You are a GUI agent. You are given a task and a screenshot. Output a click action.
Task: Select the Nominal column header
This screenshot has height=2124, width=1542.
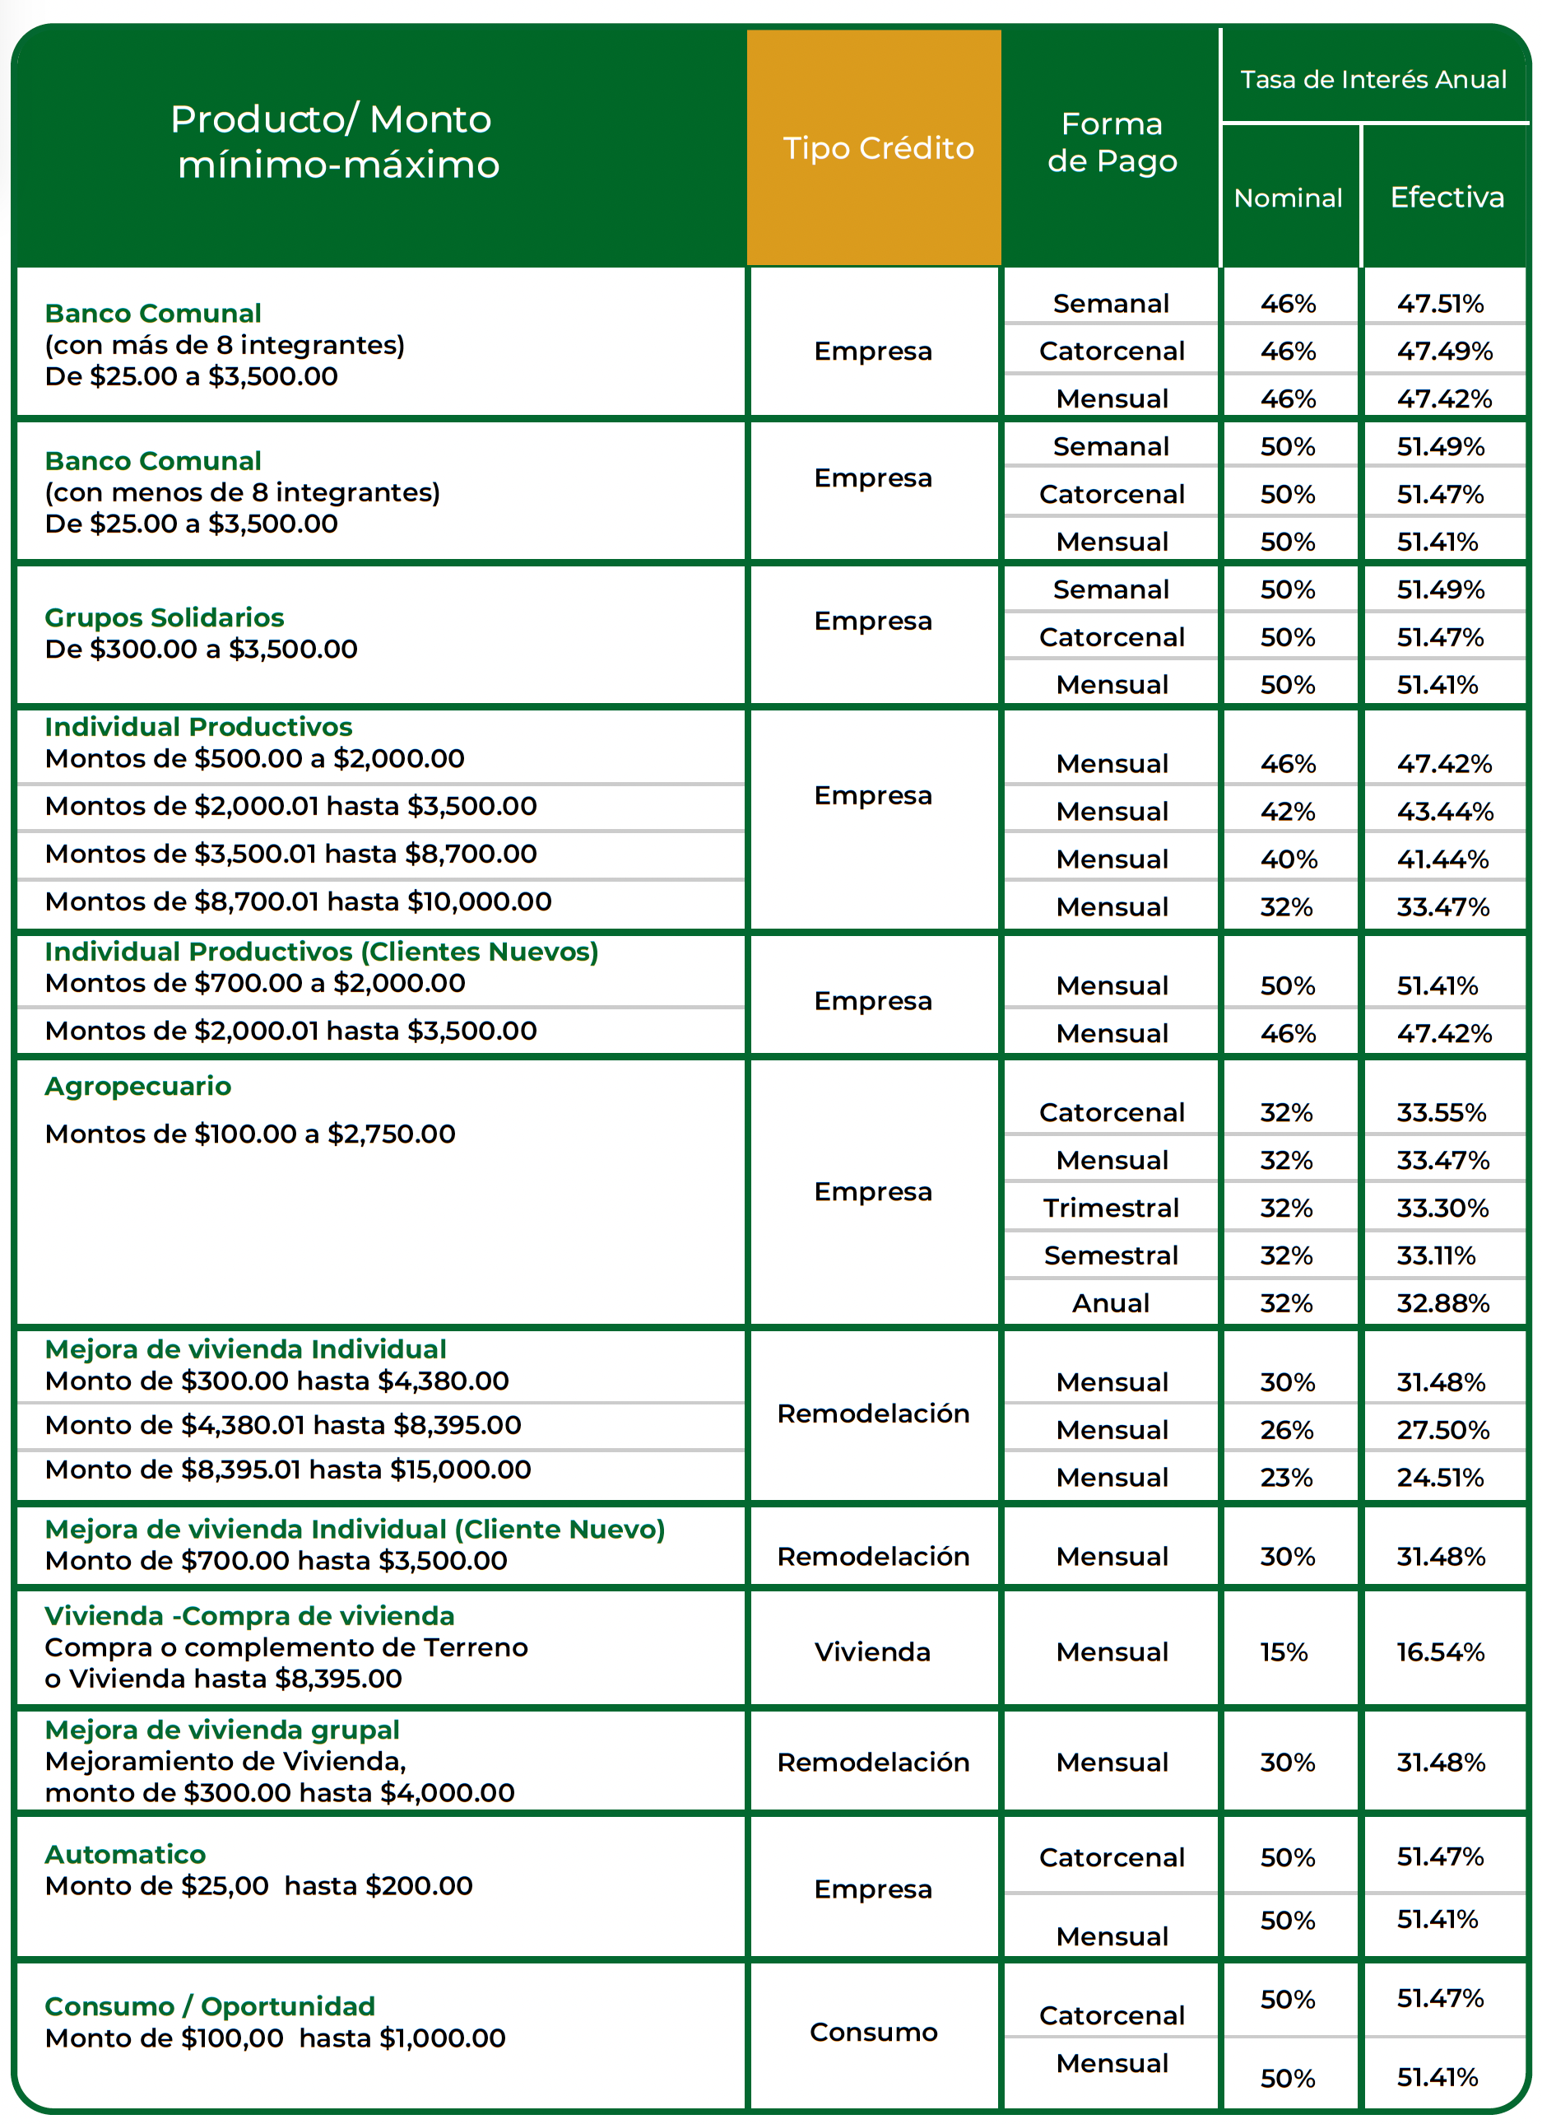click(1288, 198)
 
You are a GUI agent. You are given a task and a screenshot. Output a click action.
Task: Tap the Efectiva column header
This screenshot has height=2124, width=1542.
click(1447, 197)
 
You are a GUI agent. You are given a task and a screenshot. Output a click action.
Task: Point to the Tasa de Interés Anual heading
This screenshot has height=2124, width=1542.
click(1373, 80)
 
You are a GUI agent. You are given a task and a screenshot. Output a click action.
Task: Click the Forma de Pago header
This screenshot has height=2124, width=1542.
click(1112, 142)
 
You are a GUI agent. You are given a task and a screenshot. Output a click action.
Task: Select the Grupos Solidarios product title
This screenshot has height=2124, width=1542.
click(164, 617)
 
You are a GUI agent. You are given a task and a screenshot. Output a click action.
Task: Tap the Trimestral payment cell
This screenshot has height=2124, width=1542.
click(1112, 1208)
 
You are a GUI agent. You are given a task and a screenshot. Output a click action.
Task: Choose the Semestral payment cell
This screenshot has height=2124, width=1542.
click(1112, 1255)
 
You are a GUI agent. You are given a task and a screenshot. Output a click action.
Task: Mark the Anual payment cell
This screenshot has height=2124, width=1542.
click(1112, 1302)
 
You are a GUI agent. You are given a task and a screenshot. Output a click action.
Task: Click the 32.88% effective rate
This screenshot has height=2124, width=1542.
click(1442, 1302)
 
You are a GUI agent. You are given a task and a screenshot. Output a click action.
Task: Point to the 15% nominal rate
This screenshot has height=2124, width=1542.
click(1284, 1652)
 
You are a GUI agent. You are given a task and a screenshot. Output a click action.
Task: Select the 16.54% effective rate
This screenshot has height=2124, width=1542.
click(1441, 1652)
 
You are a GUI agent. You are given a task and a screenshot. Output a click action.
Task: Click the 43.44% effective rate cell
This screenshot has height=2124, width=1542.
click(1445, 811)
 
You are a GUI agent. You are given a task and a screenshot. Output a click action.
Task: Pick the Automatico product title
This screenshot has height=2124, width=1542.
click(124, 1854)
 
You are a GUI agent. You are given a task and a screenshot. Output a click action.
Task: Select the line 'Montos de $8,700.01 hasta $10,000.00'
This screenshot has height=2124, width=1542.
click(298, 901)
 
